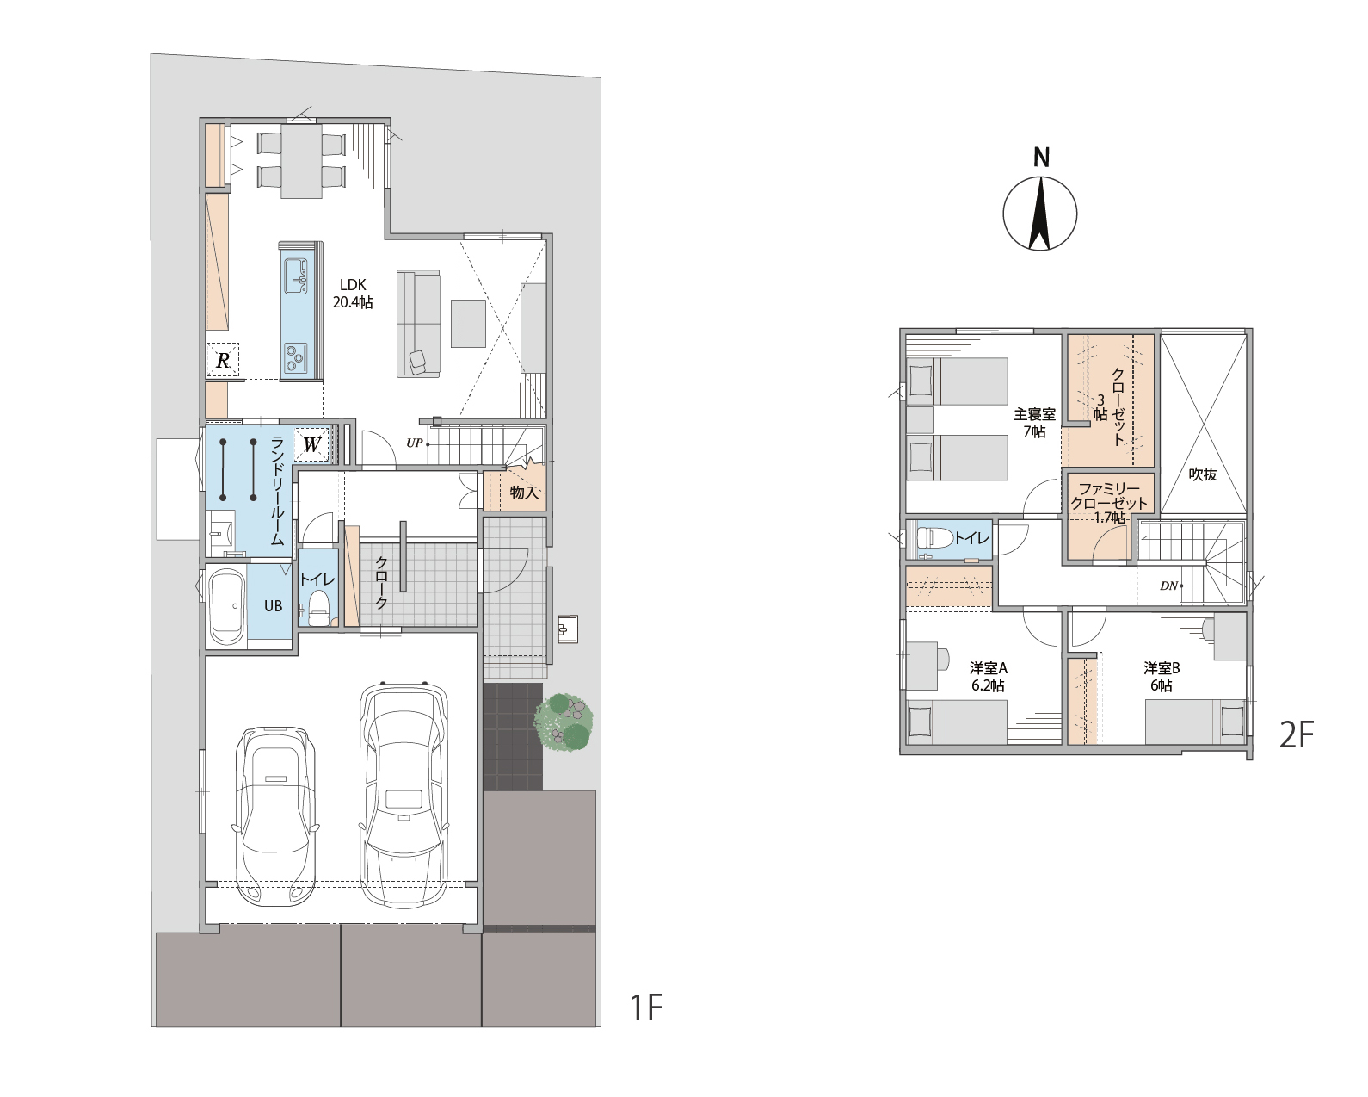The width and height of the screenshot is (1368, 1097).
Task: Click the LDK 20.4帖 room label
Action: pos(352,294)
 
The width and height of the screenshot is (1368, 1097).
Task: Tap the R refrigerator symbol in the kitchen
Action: pos(223,360)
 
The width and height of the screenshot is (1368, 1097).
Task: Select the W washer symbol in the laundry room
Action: pos(311,443)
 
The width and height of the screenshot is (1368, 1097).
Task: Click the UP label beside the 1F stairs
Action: pos(414,443)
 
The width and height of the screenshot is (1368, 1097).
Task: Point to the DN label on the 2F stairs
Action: pos(1168,586)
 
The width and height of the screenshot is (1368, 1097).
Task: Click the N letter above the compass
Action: pos(1041,158)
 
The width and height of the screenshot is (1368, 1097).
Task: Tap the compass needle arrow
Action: pos(1039,214)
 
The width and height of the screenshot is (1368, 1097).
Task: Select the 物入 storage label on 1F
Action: pos(524,492)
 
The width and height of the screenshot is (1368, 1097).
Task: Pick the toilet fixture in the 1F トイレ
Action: pos(317,608)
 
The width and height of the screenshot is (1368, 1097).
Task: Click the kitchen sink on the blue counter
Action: pos(296,275)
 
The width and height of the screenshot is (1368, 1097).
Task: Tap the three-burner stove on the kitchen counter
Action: pos(295,357)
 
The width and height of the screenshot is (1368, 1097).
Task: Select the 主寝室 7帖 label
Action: pos(1034,423)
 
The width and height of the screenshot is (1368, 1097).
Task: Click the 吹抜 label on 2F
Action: pos(1202,474)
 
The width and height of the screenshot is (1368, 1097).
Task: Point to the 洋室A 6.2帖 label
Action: pos(988,677)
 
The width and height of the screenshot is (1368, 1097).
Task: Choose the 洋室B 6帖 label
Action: pos(1162,677)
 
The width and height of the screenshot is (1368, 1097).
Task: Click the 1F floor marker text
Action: pos(646,1007)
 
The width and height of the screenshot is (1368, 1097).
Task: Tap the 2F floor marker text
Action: pos(1297,735)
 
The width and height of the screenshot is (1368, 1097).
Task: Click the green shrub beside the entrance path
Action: pos(564,722)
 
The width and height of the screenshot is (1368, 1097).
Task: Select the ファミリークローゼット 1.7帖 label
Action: pos(1109,503)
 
